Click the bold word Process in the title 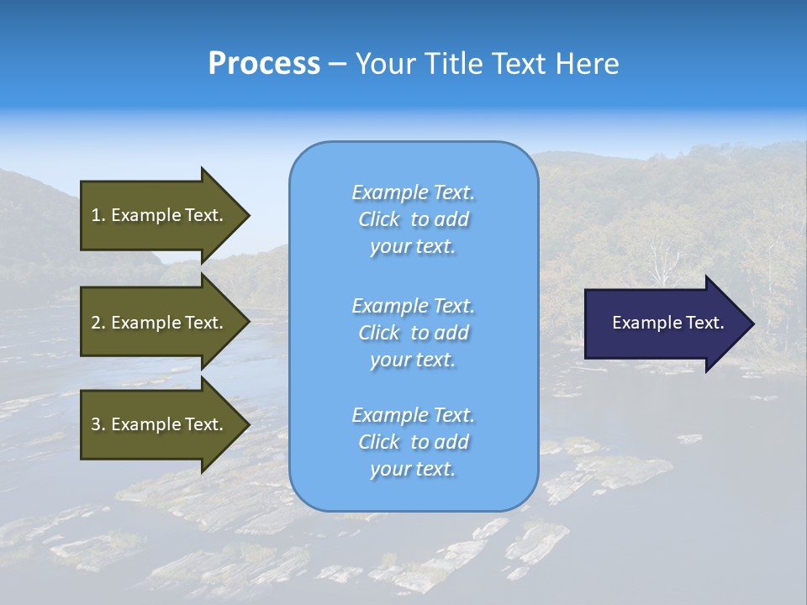click(x=264, y=64)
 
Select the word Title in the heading click(x=453, y=64)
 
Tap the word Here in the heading click(x=587, y=64)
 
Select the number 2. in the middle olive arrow click(x=98, y=323)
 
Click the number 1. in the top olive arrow click(x=98, y=215)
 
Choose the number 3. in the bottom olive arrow click(x=98, y=424)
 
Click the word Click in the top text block click(x=379, y=219)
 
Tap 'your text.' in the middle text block click(x=413, y=360)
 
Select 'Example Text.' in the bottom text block click(x=413, y=415)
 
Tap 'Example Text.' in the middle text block click(x=413, y=306)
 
